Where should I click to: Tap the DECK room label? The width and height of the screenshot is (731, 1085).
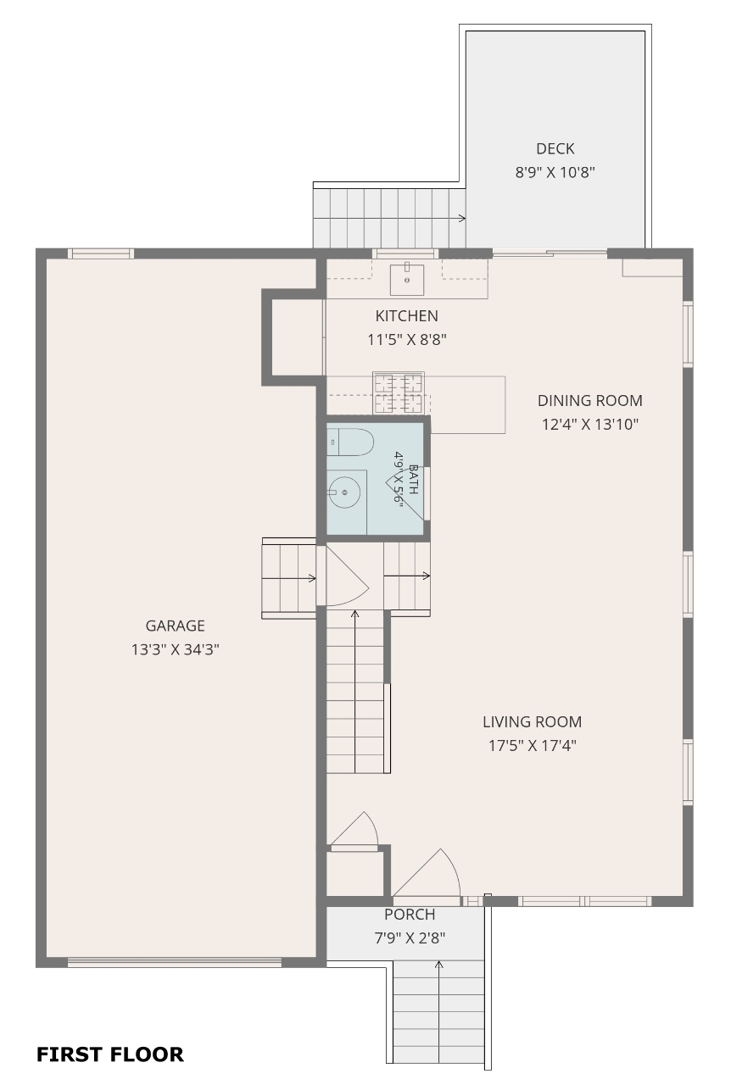point(555,148)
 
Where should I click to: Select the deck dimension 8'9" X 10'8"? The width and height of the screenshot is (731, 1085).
point(555,172)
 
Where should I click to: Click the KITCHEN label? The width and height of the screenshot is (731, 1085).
point(407,316)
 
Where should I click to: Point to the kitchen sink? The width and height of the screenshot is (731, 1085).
point(407,279)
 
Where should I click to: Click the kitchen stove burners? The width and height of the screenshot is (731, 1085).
point(399,392)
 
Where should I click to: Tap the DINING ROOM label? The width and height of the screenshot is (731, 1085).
point(590,401)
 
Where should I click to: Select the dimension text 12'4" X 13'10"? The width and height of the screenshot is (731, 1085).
point(590,425)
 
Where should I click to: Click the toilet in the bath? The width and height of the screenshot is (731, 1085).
point(350,442)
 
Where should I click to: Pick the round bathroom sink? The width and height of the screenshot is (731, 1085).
point(344,492)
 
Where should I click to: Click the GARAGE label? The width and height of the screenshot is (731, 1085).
point(175,626)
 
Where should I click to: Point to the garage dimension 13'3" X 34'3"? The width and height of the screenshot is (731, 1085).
point(175,649)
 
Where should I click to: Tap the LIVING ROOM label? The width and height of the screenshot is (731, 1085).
point(533,721)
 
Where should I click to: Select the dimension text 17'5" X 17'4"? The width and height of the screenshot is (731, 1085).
point(533,745)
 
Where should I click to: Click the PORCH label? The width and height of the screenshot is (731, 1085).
point(410,915)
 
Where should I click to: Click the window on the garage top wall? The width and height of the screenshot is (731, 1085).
point(101,253)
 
